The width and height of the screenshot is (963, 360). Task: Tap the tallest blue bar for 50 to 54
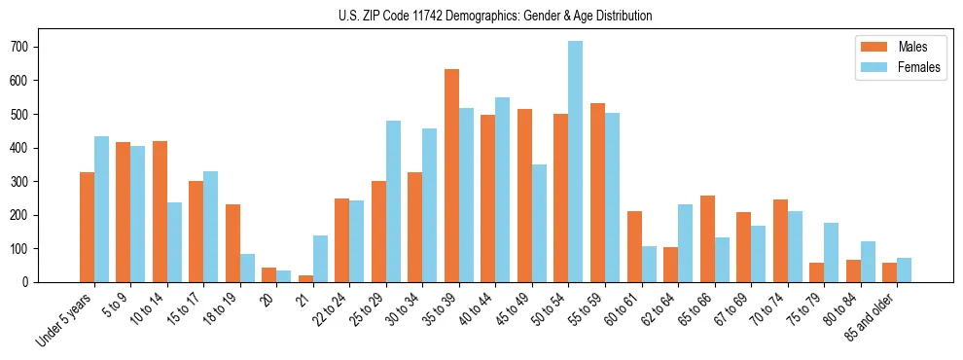tap(576, 162)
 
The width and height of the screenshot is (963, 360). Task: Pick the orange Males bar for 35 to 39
tap(451, 175)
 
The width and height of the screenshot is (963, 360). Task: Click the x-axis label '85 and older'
tap(873, 316)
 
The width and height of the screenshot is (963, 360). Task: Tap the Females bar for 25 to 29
tap(393, 201)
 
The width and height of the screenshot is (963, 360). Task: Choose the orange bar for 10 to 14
tap(160, 211)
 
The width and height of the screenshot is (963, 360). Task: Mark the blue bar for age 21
tap(320, 259)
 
